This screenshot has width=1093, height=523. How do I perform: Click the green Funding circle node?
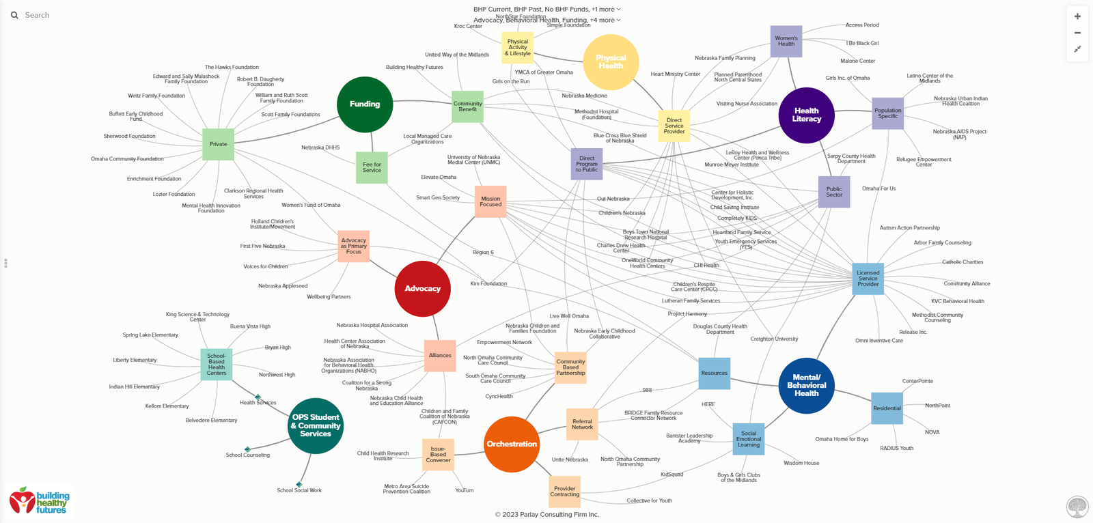pyautogui.click(x=365, y=104)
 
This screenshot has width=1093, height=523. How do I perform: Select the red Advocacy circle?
pyautogui.click(x=422, y=289)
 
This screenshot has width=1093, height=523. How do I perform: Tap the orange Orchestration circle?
pyautogui.click(x=512, y=444)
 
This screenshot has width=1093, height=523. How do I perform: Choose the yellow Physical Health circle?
pyautogui.click(x=611, y=62)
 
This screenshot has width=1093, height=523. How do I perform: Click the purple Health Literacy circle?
pyautogui.click(x=806, y=115)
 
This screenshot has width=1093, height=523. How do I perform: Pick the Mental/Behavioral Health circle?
pyautogui.click(x=806, y=386)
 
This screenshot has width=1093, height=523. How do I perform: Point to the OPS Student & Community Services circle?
pyautogui.click(x=316, y=426)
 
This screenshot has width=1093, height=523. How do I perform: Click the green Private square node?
pyautogui.click(x=218, y=144)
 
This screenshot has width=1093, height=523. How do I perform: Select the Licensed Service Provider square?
pyautogui.click(x=868, y=279)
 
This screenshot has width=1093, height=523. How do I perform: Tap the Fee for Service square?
pyautogui.click(x=372, y=167)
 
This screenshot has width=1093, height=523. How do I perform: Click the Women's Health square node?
pyautogui.click(x=786, y=42)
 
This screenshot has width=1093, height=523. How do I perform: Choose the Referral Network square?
pyautogui.click(x=582, y=425)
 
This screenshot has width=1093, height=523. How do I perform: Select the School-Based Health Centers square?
pyautogui.click(x=217, y=365)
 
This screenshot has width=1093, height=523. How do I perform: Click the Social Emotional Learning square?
pyautogui.click(x=748, y=439)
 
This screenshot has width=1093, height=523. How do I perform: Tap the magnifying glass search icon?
pyautogui.click(x=14, y=15)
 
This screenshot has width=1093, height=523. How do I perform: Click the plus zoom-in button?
pyautogui.click(x=1077, y=16)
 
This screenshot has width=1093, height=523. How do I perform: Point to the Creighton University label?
pyautogui.click(x=774, y=339)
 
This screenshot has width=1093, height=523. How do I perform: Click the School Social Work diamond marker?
pyautogui.click(x=299, y=485)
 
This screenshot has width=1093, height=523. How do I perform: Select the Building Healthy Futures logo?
pyautogui.click(x=40, y=502)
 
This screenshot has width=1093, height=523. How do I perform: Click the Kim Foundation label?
pyautogui.click(x=488, y=283)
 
